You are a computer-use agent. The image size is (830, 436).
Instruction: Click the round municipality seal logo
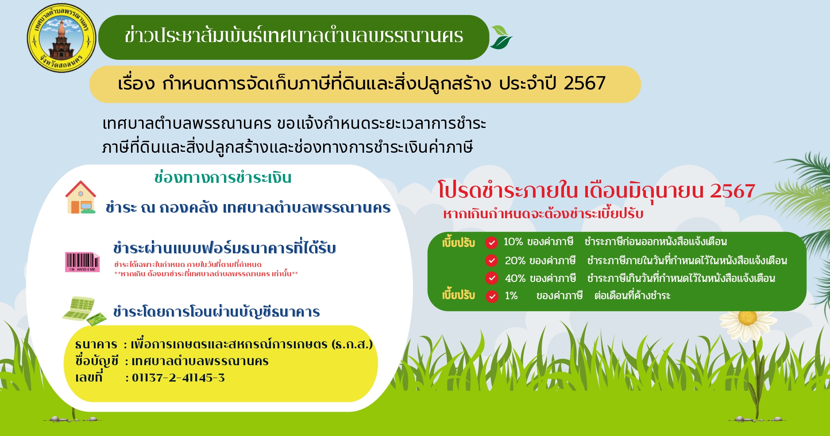[x=62, y=39]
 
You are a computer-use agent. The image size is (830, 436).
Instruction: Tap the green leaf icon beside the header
[x=501, y=37]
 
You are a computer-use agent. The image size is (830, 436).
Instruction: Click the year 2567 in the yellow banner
[x=585, y=83]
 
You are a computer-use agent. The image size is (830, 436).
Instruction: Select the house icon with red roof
[x=81, y=197]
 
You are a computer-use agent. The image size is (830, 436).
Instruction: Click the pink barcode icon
[x=82, y=262]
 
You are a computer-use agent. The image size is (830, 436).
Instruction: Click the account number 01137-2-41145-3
[x=178, y=378]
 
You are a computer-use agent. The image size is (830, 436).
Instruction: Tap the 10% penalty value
[x=513, y=242]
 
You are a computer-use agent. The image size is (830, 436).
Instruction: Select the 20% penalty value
[x=515, y=261]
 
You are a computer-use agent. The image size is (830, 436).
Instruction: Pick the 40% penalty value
[x=515, y=278]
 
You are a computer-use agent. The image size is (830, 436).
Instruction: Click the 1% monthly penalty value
[x=511, y=296]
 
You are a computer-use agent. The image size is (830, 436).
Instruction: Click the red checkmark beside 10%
[x=491, y=243]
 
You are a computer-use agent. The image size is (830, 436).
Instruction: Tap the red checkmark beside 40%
[x=491, y=278]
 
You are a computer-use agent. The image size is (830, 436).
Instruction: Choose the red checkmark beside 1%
[x=492, y=296]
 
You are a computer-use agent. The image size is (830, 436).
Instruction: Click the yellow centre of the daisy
[x=748, y=318]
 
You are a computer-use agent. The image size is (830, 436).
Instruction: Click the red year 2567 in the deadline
[x=733, y=191]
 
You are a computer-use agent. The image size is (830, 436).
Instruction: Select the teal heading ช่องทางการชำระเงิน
[x=223, y=177]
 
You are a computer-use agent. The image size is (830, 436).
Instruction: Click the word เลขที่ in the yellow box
[x=89, y=377]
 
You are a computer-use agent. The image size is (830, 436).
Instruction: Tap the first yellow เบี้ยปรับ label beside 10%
[x=458, y=243]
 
